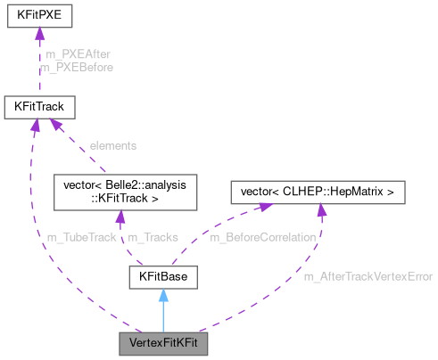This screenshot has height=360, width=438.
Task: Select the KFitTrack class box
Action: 38,107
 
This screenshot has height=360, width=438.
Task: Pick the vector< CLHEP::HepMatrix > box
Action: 318,192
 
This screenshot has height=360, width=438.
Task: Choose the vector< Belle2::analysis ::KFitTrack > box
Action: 118,192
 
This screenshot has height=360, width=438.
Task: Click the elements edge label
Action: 113,144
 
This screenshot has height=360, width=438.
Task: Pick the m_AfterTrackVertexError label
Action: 368,277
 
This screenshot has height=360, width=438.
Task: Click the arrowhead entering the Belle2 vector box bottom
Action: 120,218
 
